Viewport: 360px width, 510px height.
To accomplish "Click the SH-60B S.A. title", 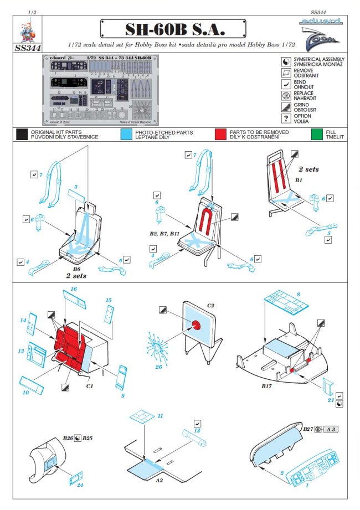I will point(173,28).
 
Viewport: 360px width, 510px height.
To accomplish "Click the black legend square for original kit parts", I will point(22,134).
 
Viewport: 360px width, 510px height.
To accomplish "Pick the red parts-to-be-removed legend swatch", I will point(222,134).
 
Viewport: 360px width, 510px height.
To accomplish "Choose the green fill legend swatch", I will point(317,134).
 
